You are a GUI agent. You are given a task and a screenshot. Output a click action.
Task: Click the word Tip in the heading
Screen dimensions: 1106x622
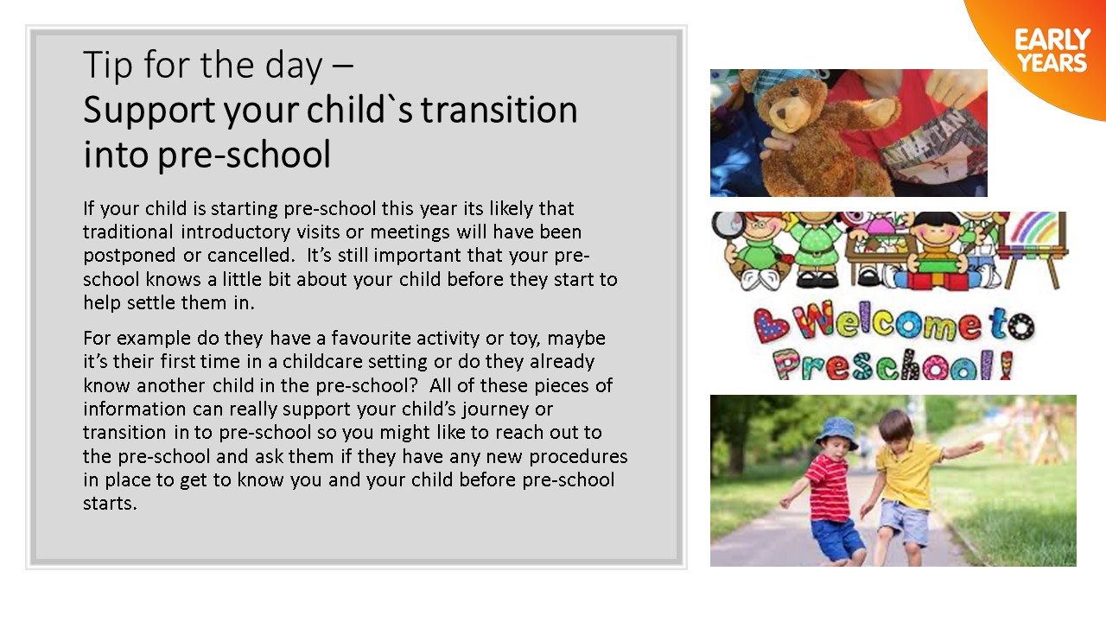coord(108,66)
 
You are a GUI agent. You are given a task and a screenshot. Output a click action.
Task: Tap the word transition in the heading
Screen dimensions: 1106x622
coord(499,110)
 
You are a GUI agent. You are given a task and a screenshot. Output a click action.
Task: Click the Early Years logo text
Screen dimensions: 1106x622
coord(1052,51)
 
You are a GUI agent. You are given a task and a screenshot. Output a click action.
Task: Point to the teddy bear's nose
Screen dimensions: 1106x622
coord(781,112)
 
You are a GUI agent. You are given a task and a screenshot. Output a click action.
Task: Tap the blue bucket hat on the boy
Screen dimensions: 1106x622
coord(836,431)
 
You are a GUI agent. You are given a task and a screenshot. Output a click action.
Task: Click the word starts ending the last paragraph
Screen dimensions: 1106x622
coord(110,504)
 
